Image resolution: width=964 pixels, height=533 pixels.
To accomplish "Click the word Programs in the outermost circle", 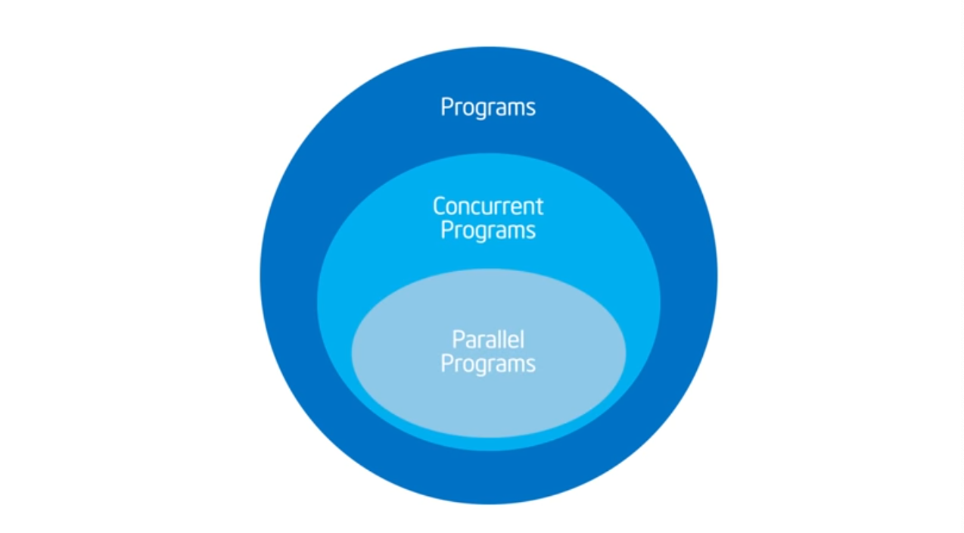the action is click(x=488, y=108).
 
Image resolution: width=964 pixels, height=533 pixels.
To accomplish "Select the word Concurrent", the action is click(x=488, y=206).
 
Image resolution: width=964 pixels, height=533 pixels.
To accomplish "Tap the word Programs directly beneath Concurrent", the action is click(x=488, y=231).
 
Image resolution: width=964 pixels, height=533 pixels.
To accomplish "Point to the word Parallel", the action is click(x=488, y=340).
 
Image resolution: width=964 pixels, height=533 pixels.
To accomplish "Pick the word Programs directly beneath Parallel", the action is click(x=488, y=364).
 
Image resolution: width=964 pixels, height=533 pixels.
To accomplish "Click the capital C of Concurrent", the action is click(x=439, y=206).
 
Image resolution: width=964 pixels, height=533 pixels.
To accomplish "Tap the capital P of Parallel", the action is click(x=459, y=340).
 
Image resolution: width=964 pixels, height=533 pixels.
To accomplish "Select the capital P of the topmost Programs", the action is click(x=446, y=107).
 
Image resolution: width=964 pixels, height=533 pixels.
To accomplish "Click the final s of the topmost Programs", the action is click(x=530, y=109).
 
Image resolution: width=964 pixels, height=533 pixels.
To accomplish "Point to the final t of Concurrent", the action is click(x=540, y=207).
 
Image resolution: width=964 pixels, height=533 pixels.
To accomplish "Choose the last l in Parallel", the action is click(x=522, y=339).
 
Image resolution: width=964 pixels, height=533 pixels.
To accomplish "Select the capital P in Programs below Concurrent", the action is click(x=446, y=230).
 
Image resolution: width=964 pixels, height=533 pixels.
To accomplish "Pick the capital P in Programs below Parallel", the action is click(x=446, y=363).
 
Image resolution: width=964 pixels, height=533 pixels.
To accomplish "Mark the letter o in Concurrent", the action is click(x=453, y=208).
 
